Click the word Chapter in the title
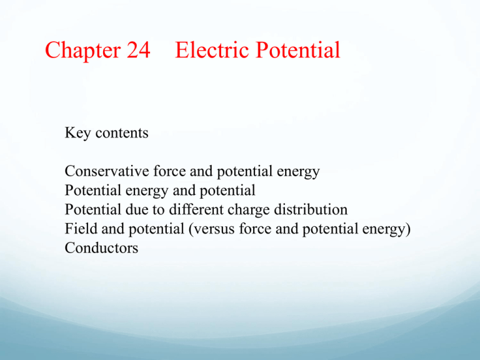pos(83,50)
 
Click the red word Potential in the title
pos(298,49)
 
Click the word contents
pos(122,133)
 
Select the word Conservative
pos(107,171)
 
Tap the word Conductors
pos(101,247)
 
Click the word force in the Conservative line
pos(169,171)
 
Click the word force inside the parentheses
pos(255,229)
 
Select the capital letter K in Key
pos(69,132)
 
